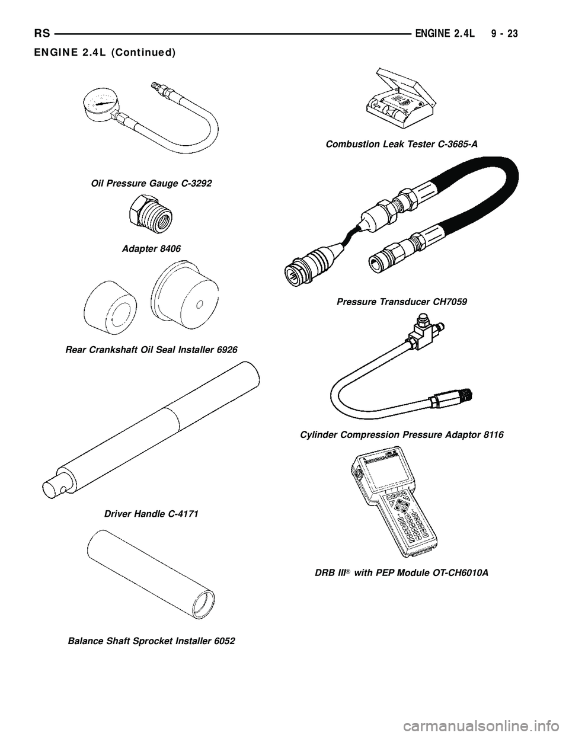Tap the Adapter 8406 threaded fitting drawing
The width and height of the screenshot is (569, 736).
[x=151, y=216]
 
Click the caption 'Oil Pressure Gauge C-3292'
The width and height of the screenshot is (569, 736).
[x=152, y=184]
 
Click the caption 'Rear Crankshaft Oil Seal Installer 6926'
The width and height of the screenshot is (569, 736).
[x=151, y=350]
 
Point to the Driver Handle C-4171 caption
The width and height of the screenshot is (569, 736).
[x=151, y=514]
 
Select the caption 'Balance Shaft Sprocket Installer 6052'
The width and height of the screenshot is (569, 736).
[x=152, y=641]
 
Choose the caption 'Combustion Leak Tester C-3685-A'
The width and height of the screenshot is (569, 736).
[x=402, y=144]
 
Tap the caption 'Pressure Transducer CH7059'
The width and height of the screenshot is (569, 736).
[x=402, y=302]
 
